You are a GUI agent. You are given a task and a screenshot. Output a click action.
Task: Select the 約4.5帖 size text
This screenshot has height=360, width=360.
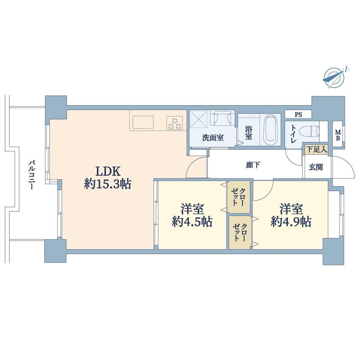(x=192, y=222)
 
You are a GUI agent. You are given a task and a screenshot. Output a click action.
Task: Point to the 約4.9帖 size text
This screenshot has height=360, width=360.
(x=291, y=222)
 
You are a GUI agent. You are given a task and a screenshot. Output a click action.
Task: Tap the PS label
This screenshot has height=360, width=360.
(x=298, y=115)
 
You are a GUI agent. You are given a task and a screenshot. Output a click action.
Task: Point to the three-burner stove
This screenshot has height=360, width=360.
(x=175, y=122)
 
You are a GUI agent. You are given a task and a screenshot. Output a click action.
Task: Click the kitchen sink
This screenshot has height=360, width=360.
(x=144, y=123)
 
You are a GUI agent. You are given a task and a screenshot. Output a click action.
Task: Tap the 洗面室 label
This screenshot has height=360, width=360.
(x=213, y=138)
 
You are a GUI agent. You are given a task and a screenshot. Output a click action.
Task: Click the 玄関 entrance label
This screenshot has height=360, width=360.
(x=316, y=167)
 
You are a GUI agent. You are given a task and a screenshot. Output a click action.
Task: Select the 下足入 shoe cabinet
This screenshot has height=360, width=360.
(x=317, y=149)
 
